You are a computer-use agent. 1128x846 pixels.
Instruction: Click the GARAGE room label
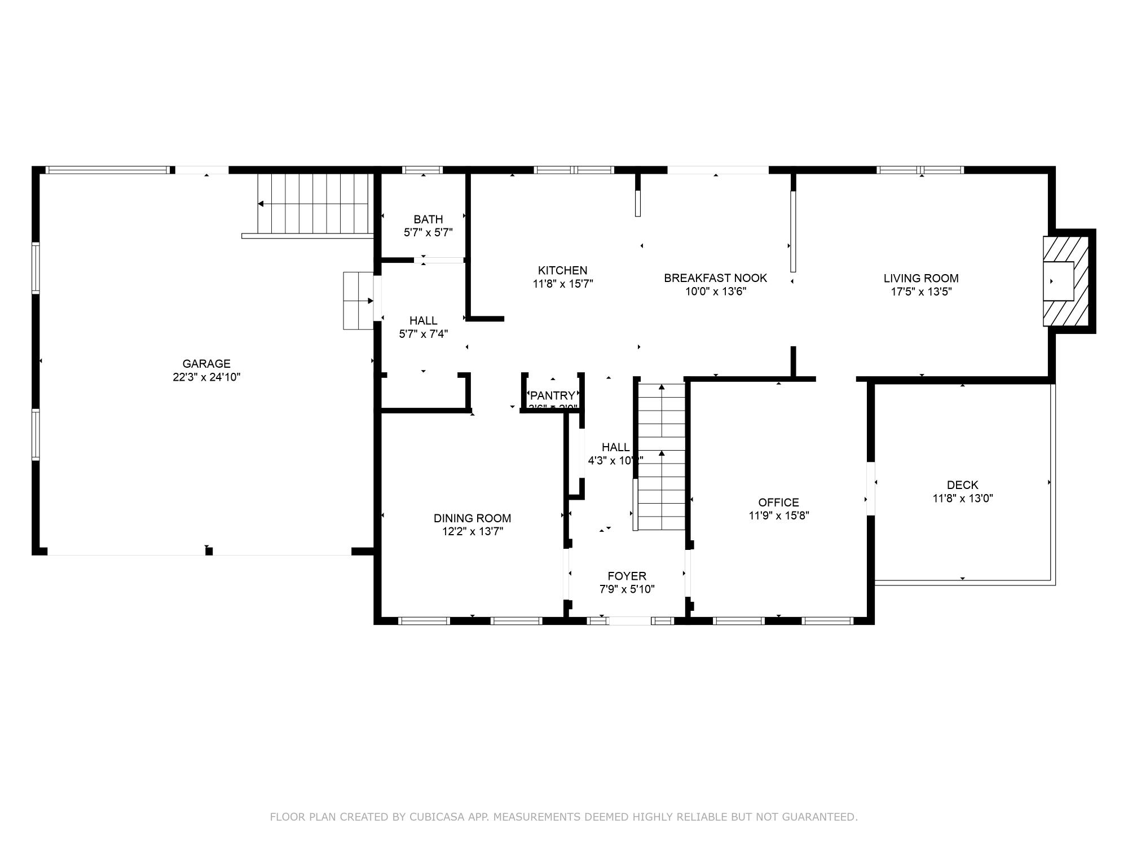click(x=206, y=364)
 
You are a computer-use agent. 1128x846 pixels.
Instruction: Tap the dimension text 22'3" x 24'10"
click(x=206, y=377)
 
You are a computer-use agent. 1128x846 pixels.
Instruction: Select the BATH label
click(x=428, y=219)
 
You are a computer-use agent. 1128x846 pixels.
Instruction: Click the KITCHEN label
click(x=562, y=271)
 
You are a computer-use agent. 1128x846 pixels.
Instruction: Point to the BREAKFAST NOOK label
click(x=715, y=278)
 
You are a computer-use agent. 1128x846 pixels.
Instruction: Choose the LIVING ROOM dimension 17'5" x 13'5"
click(x=921, y=292)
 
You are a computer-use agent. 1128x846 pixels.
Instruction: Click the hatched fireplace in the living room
click(x=1065, y=281)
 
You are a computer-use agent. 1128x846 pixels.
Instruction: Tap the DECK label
click(x=962, y=485)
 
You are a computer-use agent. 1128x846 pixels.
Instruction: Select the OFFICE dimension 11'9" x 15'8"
click(x=779, y=515)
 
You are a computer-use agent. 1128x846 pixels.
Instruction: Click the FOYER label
click(x=627, y=576)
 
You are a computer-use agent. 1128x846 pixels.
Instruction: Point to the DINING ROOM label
click(x=472, y=518)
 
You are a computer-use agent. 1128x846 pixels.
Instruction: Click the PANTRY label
click(x=553, y=395)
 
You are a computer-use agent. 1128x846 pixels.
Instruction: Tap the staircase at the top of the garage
click(x=313, y=204)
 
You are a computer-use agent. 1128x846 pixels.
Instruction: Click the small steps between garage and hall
click(x=359, y=301)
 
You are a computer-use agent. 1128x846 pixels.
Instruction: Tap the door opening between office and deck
click(x=871, y=488)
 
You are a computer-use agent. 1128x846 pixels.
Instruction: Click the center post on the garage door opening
click(x=209, y=551)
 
